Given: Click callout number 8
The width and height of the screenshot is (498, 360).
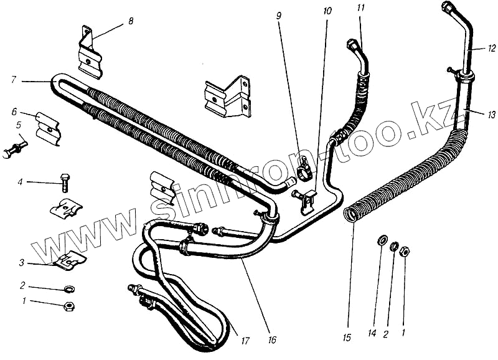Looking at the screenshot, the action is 131,21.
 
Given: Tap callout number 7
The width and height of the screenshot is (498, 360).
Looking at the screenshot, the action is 14,80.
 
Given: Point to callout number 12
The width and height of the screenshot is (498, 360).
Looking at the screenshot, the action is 491,47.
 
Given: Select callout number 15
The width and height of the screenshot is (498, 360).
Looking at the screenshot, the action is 347,337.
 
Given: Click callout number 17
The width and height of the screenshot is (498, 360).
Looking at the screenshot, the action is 246,341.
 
